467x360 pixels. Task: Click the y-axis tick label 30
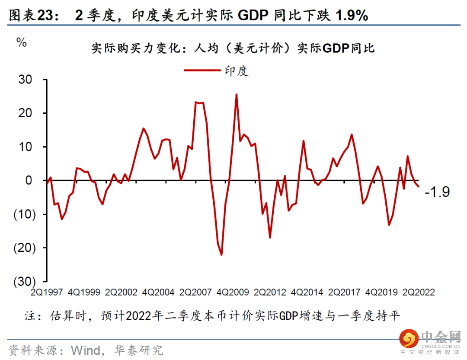pos(25,80)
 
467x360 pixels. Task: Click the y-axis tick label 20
pos(25,113)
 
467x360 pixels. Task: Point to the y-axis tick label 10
pos(25,147)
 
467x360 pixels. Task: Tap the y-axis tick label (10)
pos(22,214)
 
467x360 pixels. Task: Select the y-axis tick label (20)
pos(22,247)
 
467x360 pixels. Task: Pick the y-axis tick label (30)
pos(22,281)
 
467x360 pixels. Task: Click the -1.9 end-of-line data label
pos(437,192)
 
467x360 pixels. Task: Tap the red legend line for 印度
pos(202,70)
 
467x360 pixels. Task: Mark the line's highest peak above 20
pos(236,94)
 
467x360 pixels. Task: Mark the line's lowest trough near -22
pos(221,255)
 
